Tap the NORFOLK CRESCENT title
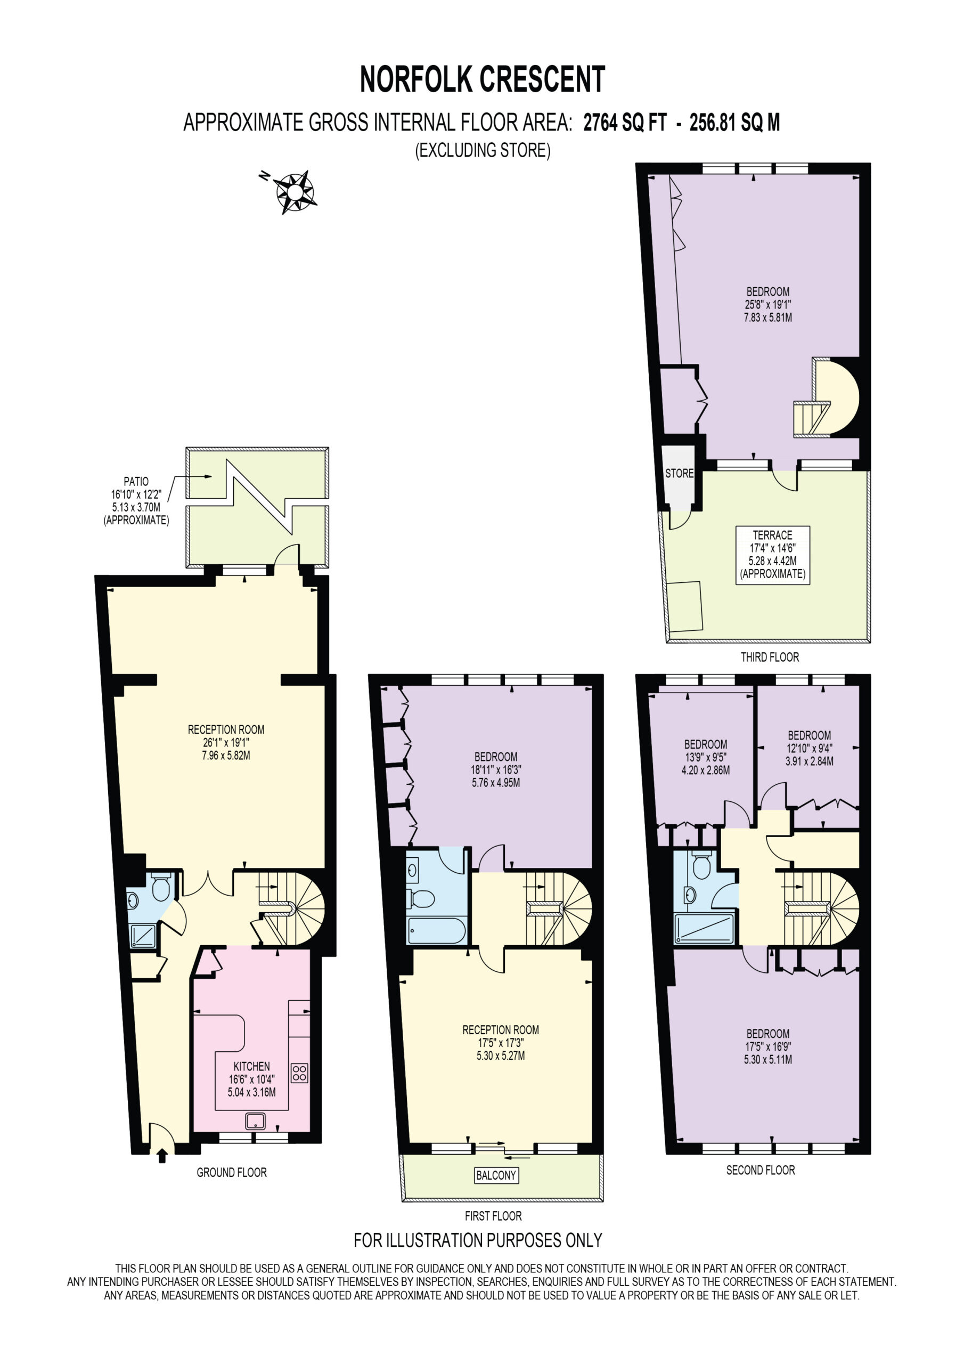[x=483, y=79]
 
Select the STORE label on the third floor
[x=679, y=474]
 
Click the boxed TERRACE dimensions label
[x=772, y=555]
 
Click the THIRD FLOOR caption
[x=770, y=657]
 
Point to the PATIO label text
[x=136, y=481]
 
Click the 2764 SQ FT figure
[x=625, y=123]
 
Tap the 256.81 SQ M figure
[x=734, y=123]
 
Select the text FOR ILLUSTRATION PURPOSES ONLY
[x=478, y=1240]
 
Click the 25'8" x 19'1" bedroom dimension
[x=768, y=304]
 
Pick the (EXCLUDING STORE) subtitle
[x=483, y=150]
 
